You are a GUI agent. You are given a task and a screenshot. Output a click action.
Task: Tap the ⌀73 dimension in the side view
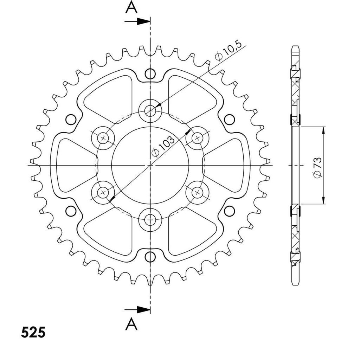[317, 168]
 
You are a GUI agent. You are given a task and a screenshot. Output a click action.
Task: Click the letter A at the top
[131, 7]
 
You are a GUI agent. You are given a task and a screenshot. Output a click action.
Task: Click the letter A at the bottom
[131, 324]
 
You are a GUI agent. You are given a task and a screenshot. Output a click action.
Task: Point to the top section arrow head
[143, 21]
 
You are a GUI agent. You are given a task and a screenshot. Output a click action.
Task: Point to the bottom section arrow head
[143, 310]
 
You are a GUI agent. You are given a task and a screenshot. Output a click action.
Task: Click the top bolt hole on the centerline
[150, 111]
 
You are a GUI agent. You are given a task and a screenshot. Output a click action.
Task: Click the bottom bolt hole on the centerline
[150, 220]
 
